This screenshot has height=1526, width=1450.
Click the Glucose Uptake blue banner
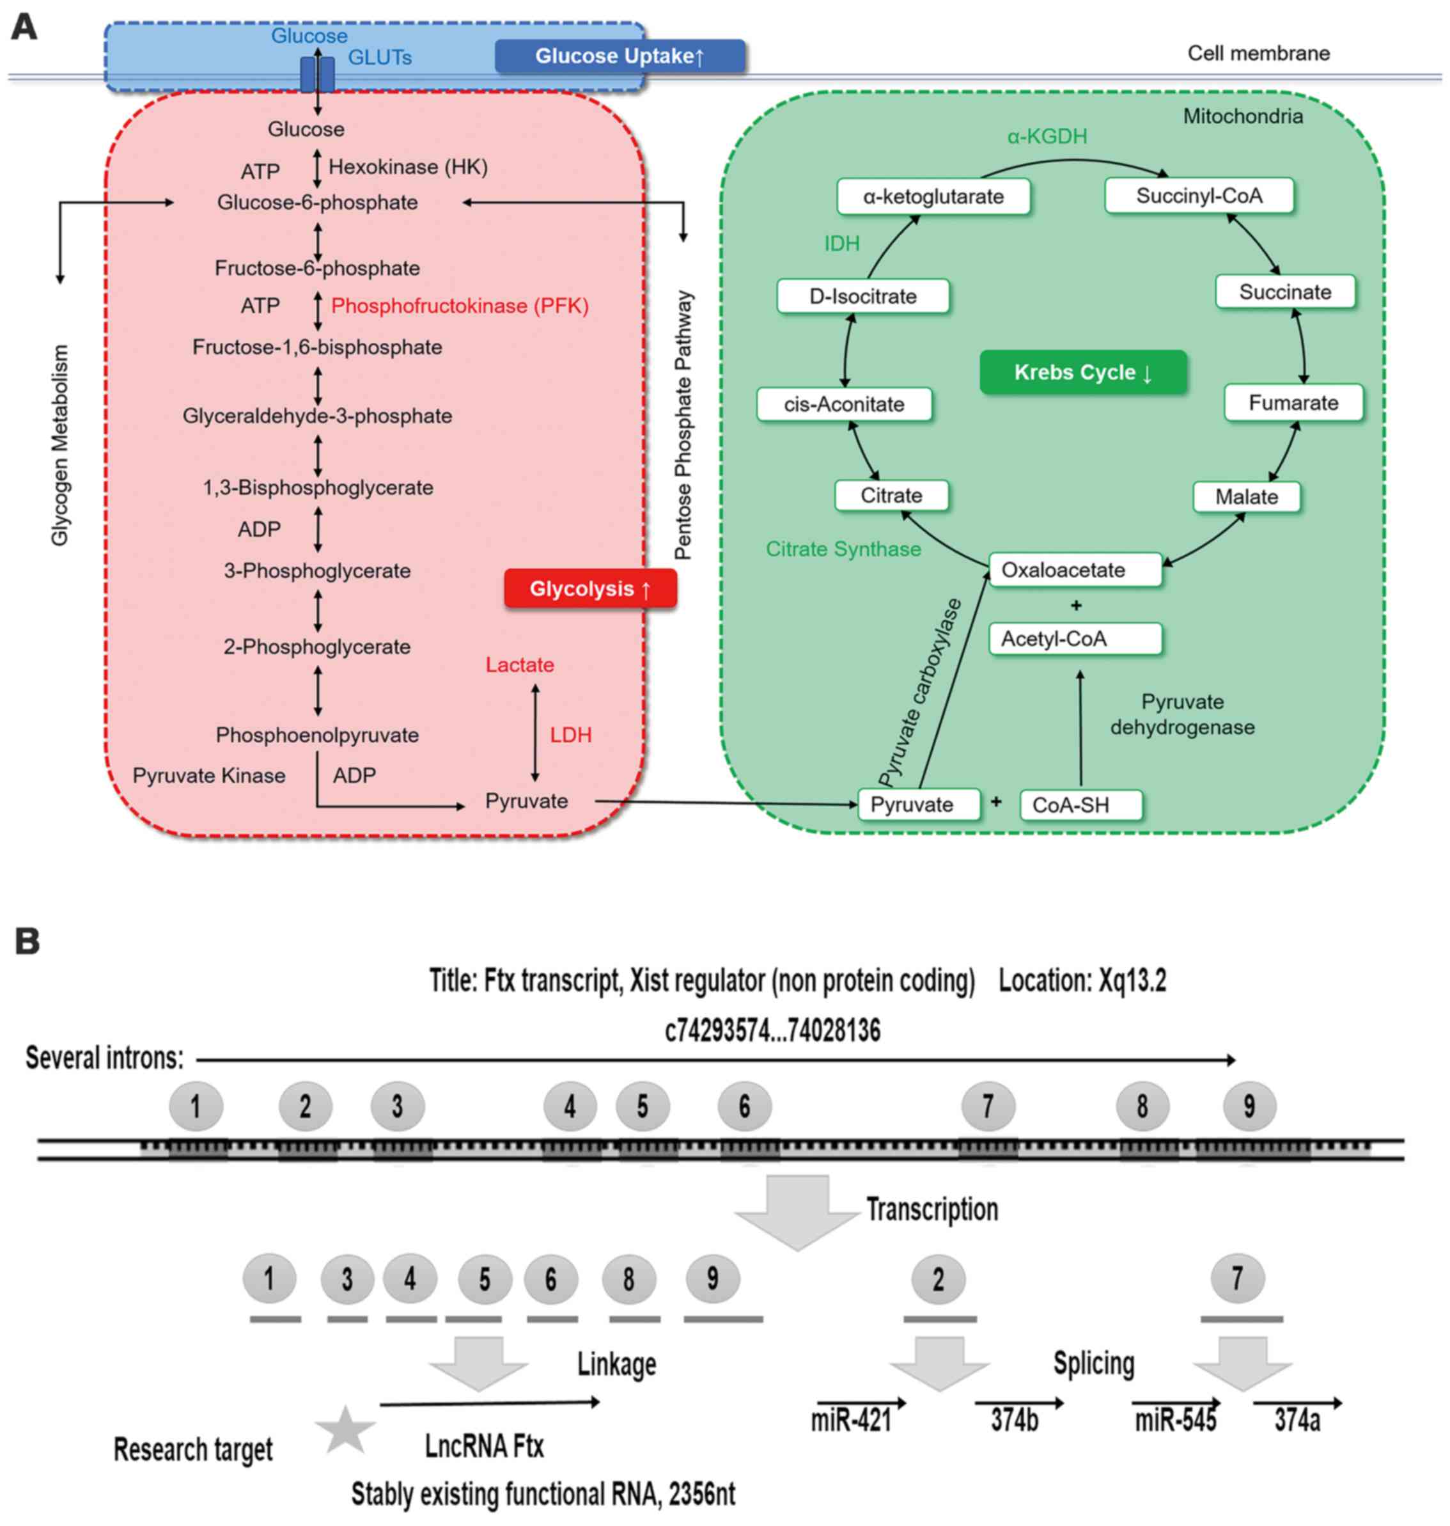620,56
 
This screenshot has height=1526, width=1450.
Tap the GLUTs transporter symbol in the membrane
318,74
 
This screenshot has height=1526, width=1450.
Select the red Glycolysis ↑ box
591,589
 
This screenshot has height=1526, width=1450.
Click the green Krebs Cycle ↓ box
1083,373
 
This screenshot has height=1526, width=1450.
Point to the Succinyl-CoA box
1199,196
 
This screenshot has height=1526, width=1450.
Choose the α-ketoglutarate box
933,196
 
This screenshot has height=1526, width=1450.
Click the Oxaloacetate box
1075,570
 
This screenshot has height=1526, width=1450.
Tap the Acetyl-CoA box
1075,638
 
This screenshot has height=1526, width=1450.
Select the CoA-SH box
1080,805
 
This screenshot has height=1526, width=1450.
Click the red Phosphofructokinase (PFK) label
460,306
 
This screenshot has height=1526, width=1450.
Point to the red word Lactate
519,665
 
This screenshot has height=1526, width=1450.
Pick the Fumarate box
1293,403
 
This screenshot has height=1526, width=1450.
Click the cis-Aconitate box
844,404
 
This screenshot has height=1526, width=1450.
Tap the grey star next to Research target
345,1430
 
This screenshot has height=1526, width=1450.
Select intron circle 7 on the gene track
988,1106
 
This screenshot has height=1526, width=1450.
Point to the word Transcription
932,1209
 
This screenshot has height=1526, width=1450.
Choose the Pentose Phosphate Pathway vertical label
683,425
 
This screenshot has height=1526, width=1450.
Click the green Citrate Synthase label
843,549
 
